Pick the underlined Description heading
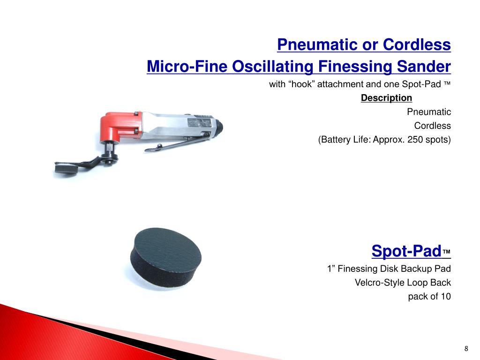click(386, 98)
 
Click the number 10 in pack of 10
click(445, 296)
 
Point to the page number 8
click(466, 348)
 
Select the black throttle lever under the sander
click(178, 143)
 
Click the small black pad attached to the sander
click(66, 168)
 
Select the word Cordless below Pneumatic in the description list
click(432, 126)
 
